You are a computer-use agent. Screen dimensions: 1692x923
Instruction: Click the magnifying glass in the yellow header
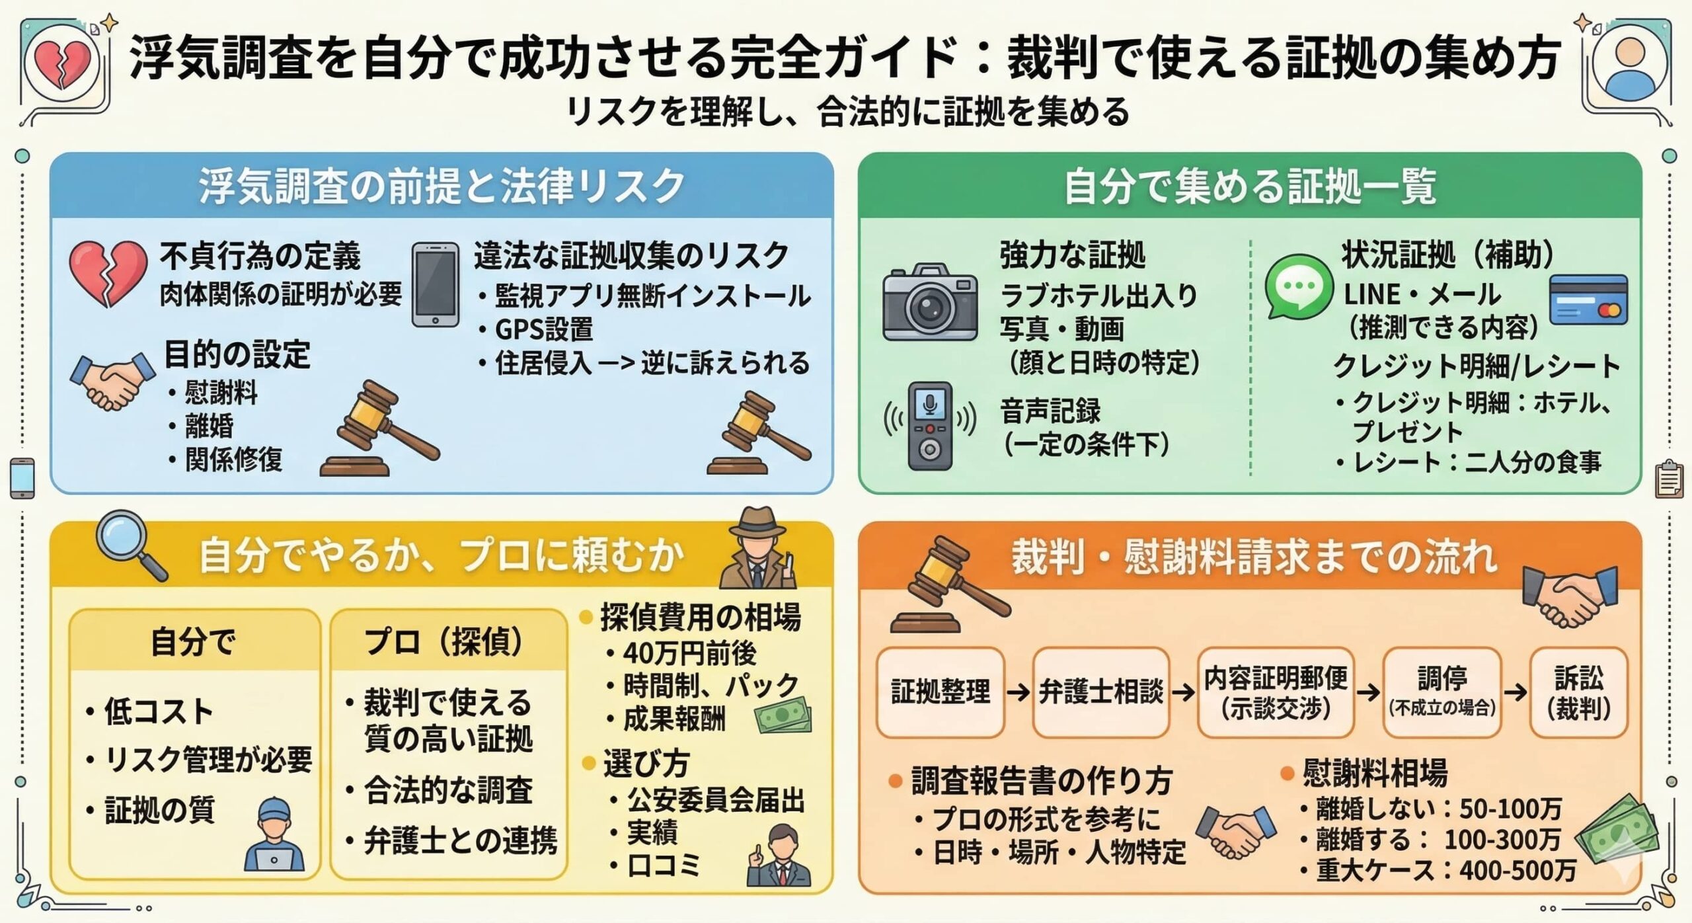[130, 548]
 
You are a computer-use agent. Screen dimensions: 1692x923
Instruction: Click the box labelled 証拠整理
[940, 692]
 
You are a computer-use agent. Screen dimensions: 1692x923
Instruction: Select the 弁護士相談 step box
[1100, 692]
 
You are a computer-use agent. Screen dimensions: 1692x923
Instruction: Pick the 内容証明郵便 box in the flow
[1276, 692]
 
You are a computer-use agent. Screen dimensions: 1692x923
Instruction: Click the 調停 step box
[1442, 692]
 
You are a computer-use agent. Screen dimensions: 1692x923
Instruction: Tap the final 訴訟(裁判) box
[1578, 692]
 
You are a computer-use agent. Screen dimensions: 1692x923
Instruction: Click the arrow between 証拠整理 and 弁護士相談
[1019, 692]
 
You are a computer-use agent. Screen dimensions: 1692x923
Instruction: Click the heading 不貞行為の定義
[260, 256]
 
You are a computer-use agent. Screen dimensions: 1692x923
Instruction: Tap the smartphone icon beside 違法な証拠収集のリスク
[436, 285]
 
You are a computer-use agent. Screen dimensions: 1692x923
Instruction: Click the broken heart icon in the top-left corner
[62, 65]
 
